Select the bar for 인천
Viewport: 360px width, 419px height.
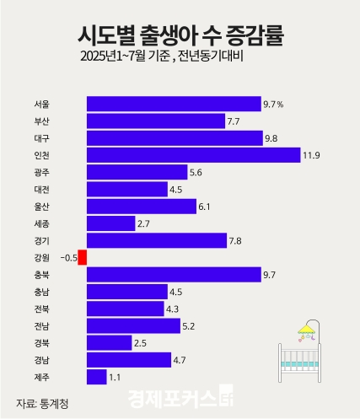point(193,155)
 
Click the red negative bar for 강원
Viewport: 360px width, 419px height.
point(82,257)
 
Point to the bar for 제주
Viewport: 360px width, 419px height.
point(96,377)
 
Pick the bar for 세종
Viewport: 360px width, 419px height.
point(110,223)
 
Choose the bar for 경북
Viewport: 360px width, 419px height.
point(109,342)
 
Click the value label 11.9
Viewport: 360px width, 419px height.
point(313,155)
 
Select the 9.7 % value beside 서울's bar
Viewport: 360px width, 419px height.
point(273,105)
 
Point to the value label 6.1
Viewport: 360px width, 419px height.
point(207,207)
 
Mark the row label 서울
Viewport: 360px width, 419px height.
point(41,105)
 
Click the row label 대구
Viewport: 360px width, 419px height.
point(41,138)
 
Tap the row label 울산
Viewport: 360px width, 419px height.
point(41,207)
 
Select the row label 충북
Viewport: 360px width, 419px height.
point(41,274)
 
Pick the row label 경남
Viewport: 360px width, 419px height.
point(41,360)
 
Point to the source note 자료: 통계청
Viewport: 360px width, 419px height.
point(42,402)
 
